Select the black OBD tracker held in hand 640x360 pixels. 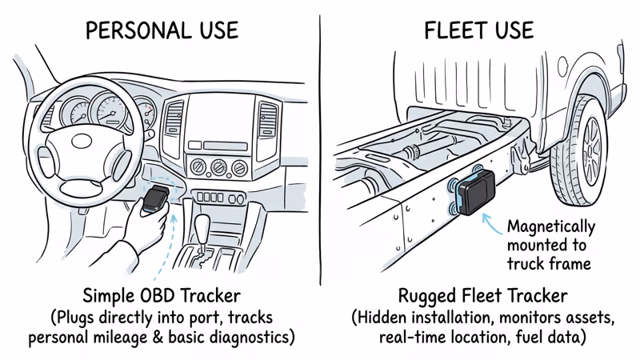(156, 195)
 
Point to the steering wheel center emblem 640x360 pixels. (82, 140)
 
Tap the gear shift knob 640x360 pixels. (203, 223)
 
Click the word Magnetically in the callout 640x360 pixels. (551, 226)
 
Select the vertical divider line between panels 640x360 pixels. (321, 160)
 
